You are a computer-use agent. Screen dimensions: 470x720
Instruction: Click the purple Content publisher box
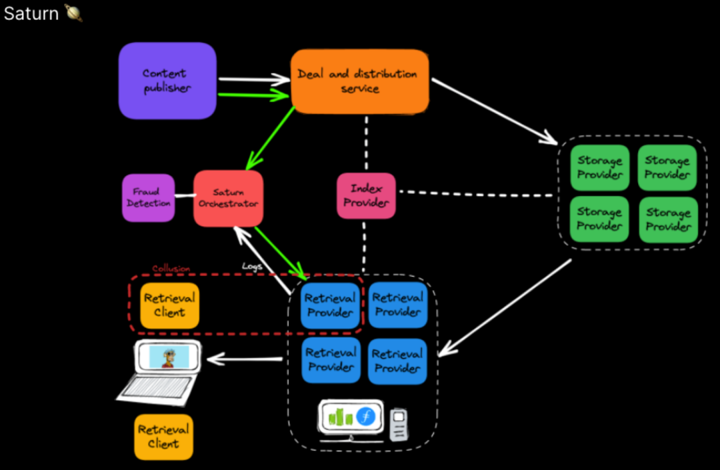pyautogui.click(x=167, y=81)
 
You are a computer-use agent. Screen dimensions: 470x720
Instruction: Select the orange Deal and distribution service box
pyautogui.click(x=359, y=81)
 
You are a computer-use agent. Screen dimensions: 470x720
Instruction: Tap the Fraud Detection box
pyautogui.click(x=148, y=197)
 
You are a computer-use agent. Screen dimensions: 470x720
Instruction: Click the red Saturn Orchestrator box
pyautogui.click(x=228, y=198)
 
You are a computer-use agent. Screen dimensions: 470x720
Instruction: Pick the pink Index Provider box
pyautogui.click(x=366, y=196)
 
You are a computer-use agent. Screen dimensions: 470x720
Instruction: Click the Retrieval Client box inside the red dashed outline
pyautogui.click(x=169, y=305)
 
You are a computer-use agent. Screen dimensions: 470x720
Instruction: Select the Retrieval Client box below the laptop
pyautogui.click(x=163, y=437)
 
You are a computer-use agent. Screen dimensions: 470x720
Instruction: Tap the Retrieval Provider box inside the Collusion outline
pyautogui.click(x=330, y=305)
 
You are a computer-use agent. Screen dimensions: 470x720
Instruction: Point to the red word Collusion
pyautogui.click(x=171, y=269)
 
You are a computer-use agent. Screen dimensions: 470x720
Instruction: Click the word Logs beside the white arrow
pyautogui.click(x=252, y=266)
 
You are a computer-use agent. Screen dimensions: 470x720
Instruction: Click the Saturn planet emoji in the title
pyautogui.click(x=73, y=13)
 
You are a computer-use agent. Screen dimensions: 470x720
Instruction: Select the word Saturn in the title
pyautogui.click(x=31, y=13)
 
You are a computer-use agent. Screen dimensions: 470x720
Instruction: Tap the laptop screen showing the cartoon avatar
pyautogui.click(x=167, y=357)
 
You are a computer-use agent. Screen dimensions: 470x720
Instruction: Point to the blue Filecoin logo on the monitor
pyautogui.click(x=365, y=417)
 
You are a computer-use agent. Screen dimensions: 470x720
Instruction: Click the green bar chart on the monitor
pyautogui.click(x=341, y=418)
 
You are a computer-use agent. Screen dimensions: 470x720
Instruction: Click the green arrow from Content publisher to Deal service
pyautogui.click(x=253, y=95)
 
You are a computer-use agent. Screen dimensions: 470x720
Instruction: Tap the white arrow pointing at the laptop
pyautogui.click(x=244, y=360)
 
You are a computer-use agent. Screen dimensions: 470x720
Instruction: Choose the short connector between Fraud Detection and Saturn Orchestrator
pyautogui.click(x=184, y=198)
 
